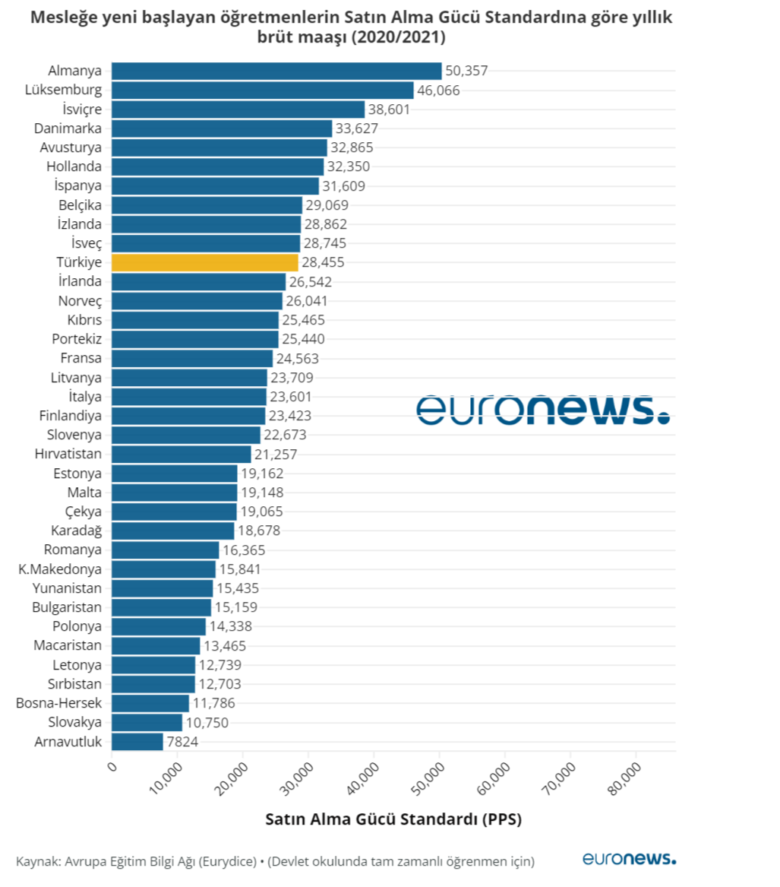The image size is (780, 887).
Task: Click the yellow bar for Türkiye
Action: [204, 262]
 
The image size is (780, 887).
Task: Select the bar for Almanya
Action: [276, 71]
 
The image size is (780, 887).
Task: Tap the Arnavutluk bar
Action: [137, 741]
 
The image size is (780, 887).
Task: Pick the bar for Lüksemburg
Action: [263, 90]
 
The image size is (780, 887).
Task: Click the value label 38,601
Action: [389, 109]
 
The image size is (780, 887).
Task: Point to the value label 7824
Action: [182, 741]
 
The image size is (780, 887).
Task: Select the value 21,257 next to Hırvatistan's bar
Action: [276, 454]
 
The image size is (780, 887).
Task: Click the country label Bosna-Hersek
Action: [58, 702]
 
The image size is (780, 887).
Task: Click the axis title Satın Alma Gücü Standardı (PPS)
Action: [393, 819]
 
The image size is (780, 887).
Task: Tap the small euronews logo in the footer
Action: [629, 858]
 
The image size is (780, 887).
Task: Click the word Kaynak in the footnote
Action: [36, 861]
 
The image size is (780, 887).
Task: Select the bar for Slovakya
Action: [147, 722]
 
